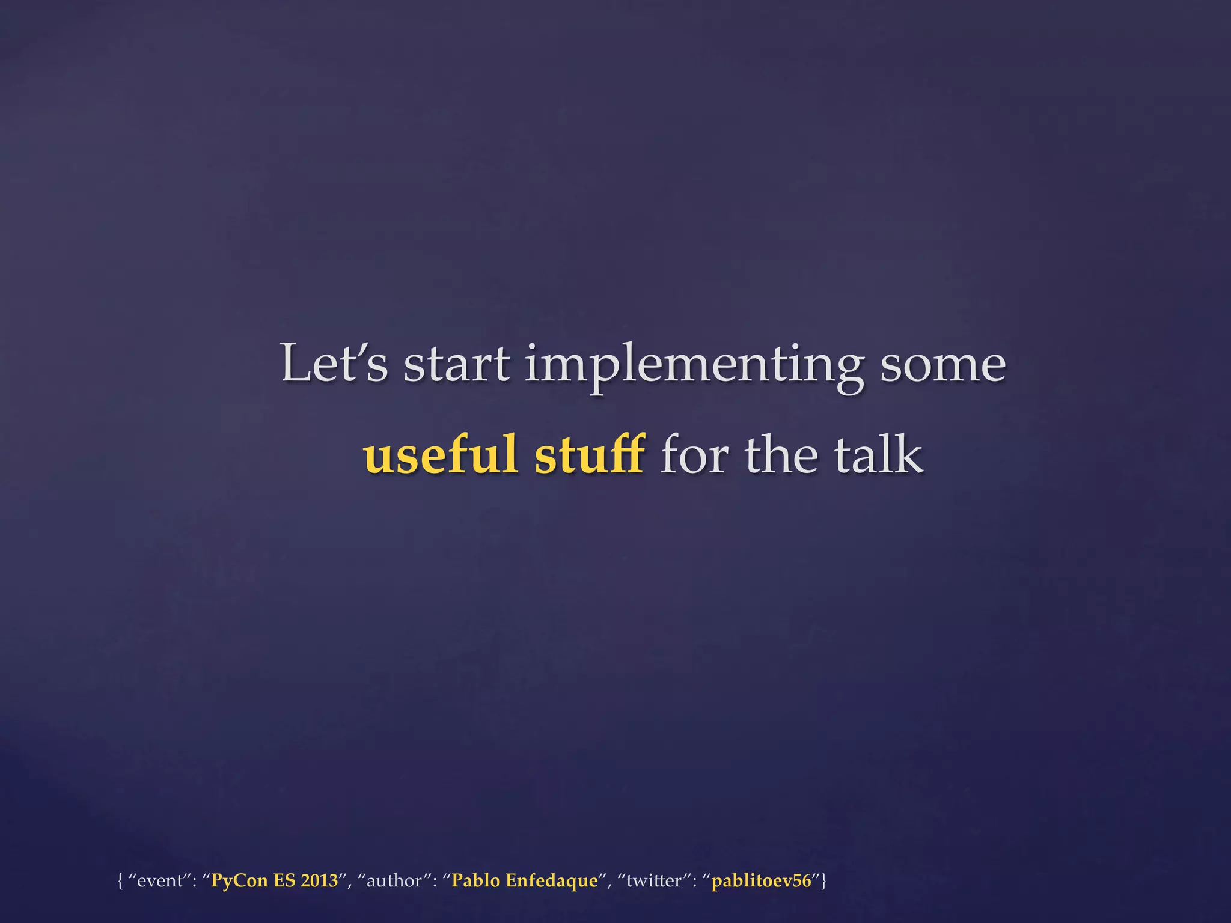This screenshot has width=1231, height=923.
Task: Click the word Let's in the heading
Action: coord(334,363)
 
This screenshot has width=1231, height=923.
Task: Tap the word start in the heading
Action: coord(457,364)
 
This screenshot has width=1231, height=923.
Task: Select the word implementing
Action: coord(694,365)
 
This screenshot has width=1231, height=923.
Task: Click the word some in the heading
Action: coord(942,365)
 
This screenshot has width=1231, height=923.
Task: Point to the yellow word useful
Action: coord(440,454)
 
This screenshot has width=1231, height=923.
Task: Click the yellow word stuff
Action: coord(590,454)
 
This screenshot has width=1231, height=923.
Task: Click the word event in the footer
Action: coord(160,881)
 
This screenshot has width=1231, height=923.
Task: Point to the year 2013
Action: coord(319,881)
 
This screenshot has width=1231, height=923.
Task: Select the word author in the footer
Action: coord(394,881)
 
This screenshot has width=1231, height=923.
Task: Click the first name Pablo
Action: coord(475,881)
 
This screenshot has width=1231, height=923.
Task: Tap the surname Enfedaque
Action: coord(552,881)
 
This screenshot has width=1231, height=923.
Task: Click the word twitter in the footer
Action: coord(654,881)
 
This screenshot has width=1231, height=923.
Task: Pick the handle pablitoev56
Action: coord(761,881)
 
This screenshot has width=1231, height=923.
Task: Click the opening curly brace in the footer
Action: coord(120,881)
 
